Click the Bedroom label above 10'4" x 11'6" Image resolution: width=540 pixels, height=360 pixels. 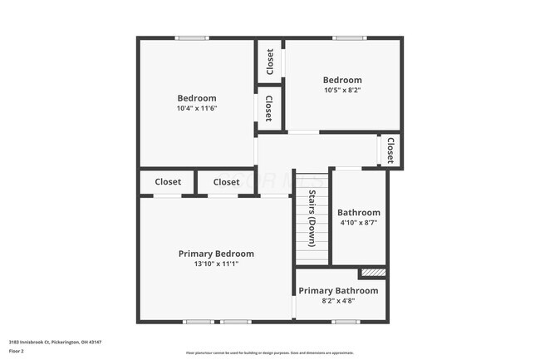click(x=196, y=98)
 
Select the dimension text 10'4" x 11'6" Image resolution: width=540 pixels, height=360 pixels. click(x=196, y=109)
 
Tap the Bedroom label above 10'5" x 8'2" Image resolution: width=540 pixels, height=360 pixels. click(x=342, y=80)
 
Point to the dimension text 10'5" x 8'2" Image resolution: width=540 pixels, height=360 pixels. click(x=342, y=90)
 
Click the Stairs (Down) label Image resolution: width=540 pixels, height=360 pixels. click(x=312, y=219)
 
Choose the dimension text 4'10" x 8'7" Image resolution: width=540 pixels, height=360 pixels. click(x=359, y=223)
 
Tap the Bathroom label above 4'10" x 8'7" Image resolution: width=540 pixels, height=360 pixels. click(x=359, y=212)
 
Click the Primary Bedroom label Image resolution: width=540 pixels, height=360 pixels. click(x=216, y=254)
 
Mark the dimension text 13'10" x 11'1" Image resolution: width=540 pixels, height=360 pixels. click(x=216, y=264)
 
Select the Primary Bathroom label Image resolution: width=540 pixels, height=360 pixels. click(x=338, y=290)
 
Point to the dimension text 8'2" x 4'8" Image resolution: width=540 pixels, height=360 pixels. click(x=338, y=301)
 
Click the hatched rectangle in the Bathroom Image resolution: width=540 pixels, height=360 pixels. click(x=372, y=272)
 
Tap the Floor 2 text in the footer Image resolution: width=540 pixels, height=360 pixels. click(x=17, y=351)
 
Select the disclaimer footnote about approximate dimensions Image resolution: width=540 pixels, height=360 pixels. click(x=269, y=353)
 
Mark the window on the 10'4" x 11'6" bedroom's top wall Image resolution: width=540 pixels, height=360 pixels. click(x=192, y=37)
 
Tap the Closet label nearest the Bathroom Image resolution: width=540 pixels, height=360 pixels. click(x=390, y=150)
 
